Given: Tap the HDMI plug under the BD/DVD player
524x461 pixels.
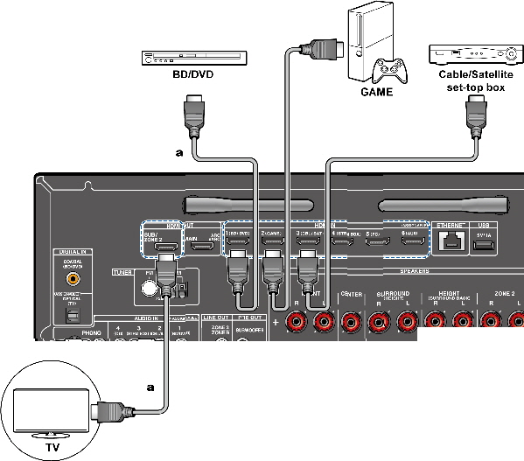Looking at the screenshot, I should [x=192, y=115].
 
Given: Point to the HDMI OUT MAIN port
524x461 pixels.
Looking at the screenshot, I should [x=205, y=248].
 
